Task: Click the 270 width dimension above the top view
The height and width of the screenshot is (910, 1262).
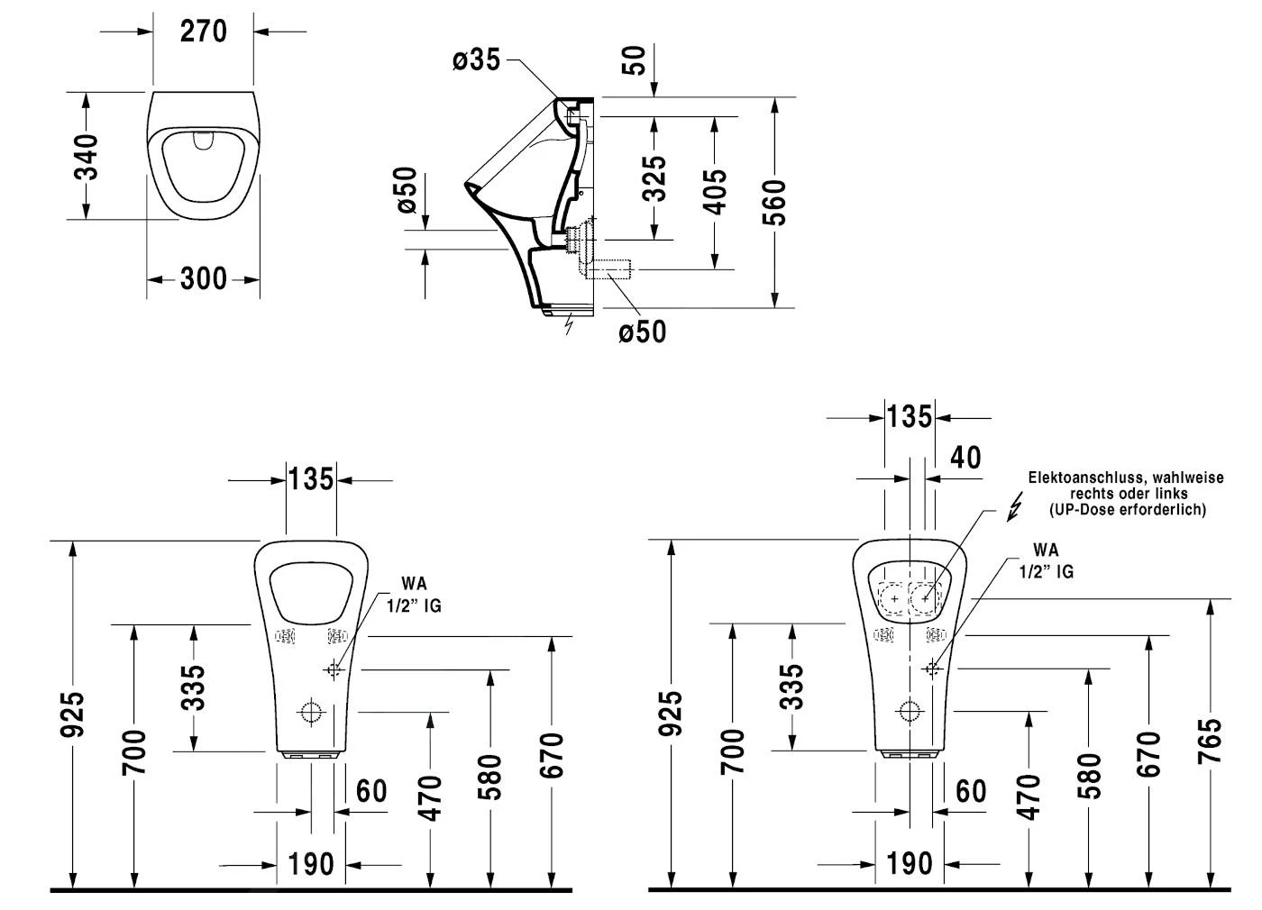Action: click(x=203, y=32)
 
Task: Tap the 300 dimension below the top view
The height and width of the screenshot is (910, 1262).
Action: click(x=204, y=279)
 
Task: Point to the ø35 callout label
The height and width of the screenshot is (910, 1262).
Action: click(x=476, y=60)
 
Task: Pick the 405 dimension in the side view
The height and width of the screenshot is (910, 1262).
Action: click(x=715, y=191)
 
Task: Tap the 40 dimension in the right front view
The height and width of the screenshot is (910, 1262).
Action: click(x=965, y=457)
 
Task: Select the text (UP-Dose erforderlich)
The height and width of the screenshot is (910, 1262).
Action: click(x=1127, y=510)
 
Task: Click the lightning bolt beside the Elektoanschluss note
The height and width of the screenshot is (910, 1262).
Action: click(x=1015, y=508)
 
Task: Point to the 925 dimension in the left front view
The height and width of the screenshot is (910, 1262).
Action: click(x=74, y=714)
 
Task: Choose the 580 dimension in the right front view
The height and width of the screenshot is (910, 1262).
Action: click(x=1089, y=777)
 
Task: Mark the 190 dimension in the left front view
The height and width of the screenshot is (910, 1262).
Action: click(x=311, y=865)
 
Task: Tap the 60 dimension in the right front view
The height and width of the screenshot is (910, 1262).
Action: click(x=971, y=791)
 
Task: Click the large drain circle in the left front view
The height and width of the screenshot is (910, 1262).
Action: click(x=312, y=712)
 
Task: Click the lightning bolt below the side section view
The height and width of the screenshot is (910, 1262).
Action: click(x=568, y=324)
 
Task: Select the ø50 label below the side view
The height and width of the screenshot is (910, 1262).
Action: click(x=642, y=332)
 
